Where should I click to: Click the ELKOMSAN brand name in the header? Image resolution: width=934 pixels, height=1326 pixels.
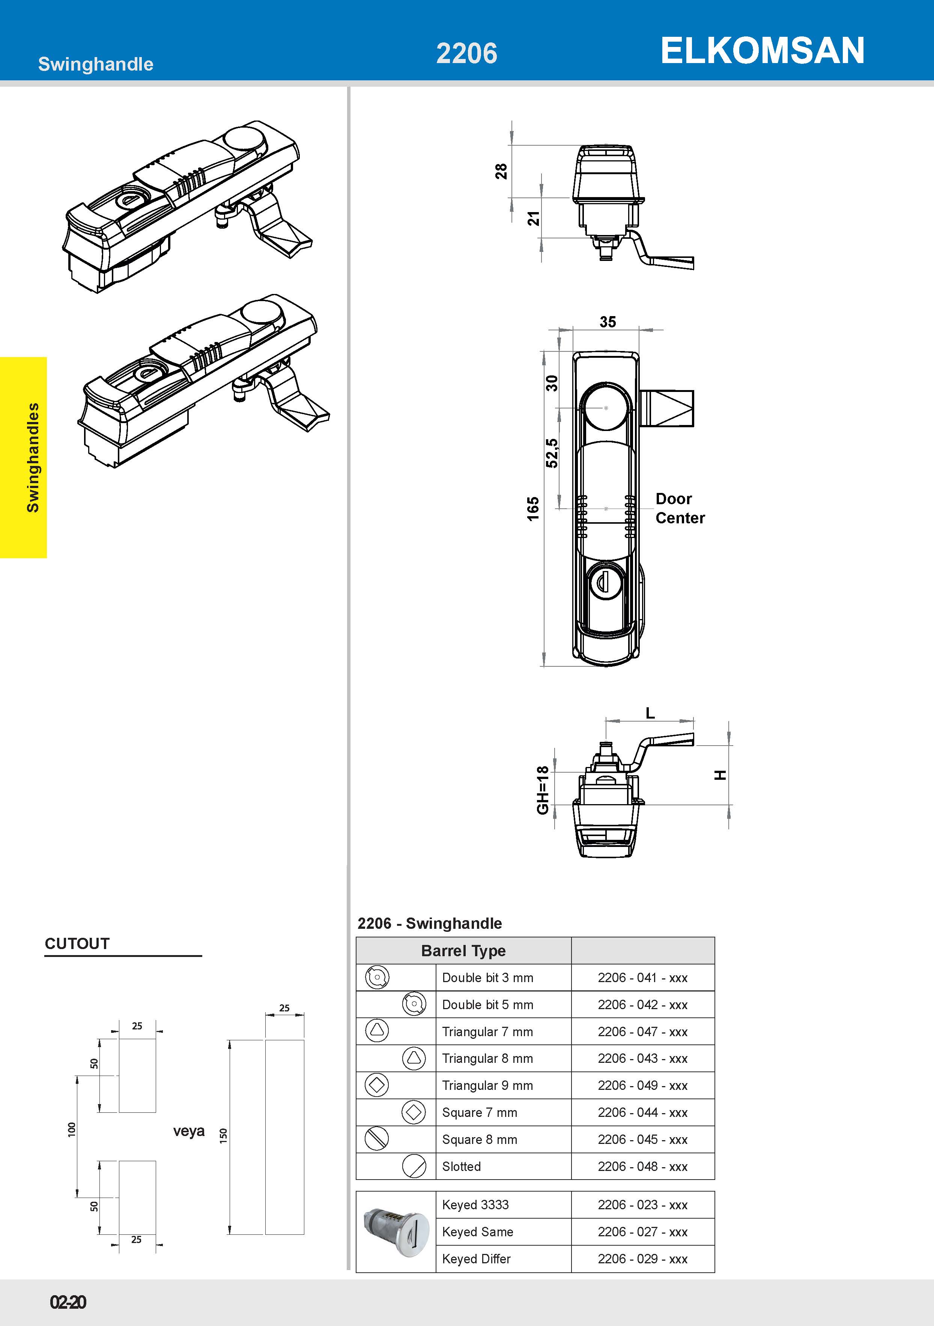pyautogui.click(x=762, y=50)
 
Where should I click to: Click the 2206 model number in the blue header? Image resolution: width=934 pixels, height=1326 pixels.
pyautogui.click(x=466, y=53)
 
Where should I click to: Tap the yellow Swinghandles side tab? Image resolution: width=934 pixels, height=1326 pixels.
pyautogui.click(x=24, y=457)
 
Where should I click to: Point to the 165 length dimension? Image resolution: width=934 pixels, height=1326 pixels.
pyautogui.click(x=532, y=508)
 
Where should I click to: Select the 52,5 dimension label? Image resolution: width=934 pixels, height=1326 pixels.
pyautogui.click(x=552, y=453)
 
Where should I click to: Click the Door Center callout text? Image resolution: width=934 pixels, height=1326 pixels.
pyautogui.click(x=680, y=508)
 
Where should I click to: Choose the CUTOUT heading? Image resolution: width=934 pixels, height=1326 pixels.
pyautogui.click(x=77, y=944)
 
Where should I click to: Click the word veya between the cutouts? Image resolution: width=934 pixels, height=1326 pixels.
pyautogui.click(x=189, y=1131)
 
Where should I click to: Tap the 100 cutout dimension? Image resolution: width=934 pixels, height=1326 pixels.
pyautogui.click(x=72, y=1130)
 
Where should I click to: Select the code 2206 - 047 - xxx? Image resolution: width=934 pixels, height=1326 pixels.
pyautogui.click(x=642, y=1031)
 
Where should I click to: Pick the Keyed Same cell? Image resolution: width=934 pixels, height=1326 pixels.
pyautogui.click(x=477, y=1232)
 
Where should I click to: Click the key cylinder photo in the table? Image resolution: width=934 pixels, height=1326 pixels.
pyautogui.click(x=396, y=1232)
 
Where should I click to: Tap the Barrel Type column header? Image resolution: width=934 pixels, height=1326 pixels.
pyautogui.click(x=463, y=951)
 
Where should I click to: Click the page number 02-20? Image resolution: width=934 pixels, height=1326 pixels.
pyautogui.click(x=68, y=1302)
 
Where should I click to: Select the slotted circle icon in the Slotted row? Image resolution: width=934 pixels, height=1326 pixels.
pyautogui.click(x=414, y=1166)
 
